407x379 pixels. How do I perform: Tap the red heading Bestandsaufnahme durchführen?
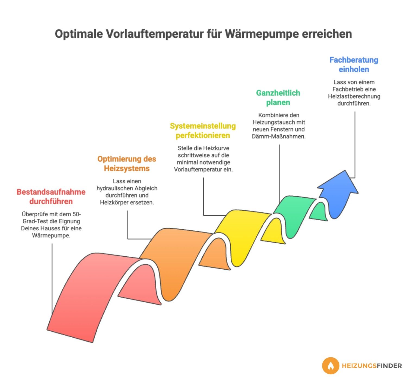click(51, 197)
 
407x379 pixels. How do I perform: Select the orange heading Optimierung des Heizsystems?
click(127, 164)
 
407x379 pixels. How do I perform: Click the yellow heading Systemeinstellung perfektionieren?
click(203, 130)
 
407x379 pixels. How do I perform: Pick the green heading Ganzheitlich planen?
click(278, 97)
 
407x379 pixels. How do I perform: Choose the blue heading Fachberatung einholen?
click(354, 64)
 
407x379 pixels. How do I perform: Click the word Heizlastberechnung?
click(354, 96)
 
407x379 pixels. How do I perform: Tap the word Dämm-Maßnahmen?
click(279, 136)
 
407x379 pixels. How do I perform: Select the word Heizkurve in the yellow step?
click(216, 148)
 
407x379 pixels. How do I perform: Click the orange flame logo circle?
click(330, 366)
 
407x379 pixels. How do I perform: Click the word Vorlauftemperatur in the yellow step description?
click(196, 169)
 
